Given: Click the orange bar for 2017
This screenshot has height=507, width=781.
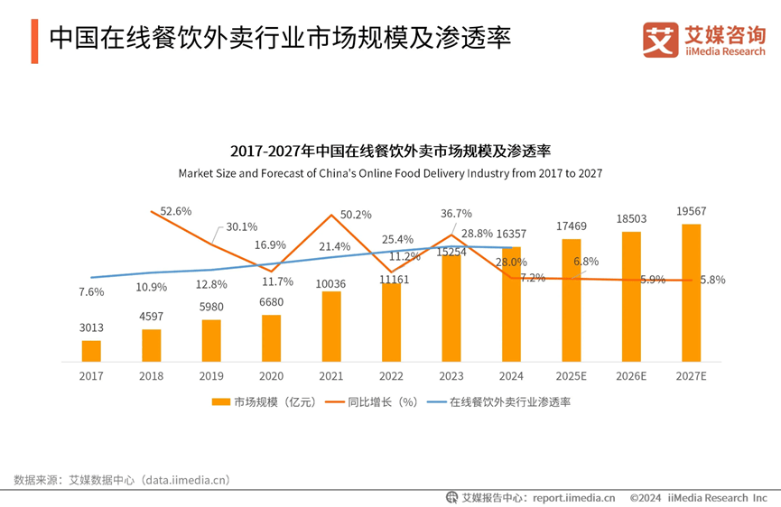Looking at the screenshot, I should (x=91, y=350).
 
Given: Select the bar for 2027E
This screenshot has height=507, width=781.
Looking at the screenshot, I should (x=691, y=292).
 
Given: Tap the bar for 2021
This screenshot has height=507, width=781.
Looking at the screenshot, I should (x=331, y=326).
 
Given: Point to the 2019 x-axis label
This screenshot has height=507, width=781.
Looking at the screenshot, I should (x=211, y=375).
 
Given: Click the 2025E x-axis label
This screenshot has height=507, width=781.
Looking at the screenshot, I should (x=571, y=375).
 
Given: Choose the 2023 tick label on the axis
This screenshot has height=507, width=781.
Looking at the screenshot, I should (x=451, y=375).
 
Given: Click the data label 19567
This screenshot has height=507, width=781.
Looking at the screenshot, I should (x=691, y=210).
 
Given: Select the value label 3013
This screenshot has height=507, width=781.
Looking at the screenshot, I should (x=91, y=328).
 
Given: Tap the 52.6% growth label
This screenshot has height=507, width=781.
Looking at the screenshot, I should (x=176, y=211).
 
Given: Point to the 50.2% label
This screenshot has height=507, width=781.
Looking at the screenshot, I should (x=356, y=215).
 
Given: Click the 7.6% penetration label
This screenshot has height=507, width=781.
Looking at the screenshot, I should (x=91, y=292).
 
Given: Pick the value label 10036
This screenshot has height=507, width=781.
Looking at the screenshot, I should (x=331, y=284).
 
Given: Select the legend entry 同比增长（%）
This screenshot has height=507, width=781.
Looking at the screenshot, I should (x=374, y=401).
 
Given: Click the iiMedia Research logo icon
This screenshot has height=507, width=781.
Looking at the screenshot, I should (x=660, y=40).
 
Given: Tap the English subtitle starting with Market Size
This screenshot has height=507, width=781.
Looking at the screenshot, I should (x=390, y=172).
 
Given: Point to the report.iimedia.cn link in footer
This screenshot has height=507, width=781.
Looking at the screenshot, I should (x=573, y=497).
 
